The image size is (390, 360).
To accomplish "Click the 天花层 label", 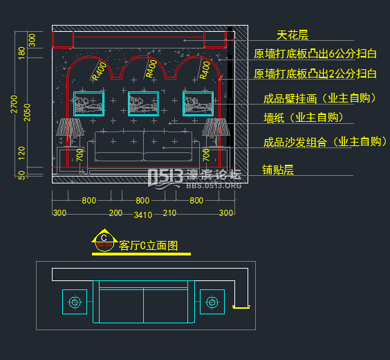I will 292,35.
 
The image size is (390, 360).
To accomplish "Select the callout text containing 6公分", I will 315,54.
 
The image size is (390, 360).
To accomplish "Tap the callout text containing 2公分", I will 315,73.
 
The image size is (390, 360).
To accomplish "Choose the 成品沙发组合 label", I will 324,142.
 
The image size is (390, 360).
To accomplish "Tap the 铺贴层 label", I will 278,169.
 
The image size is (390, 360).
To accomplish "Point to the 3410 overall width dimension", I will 142,215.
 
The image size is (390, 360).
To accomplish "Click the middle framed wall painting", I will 144,103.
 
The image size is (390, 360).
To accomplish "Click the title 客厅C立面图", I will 149,245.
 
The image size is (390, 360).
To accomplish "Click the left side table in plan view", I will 75,302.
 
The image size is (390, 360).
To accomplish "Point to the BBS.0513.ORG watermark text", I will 214,186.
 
